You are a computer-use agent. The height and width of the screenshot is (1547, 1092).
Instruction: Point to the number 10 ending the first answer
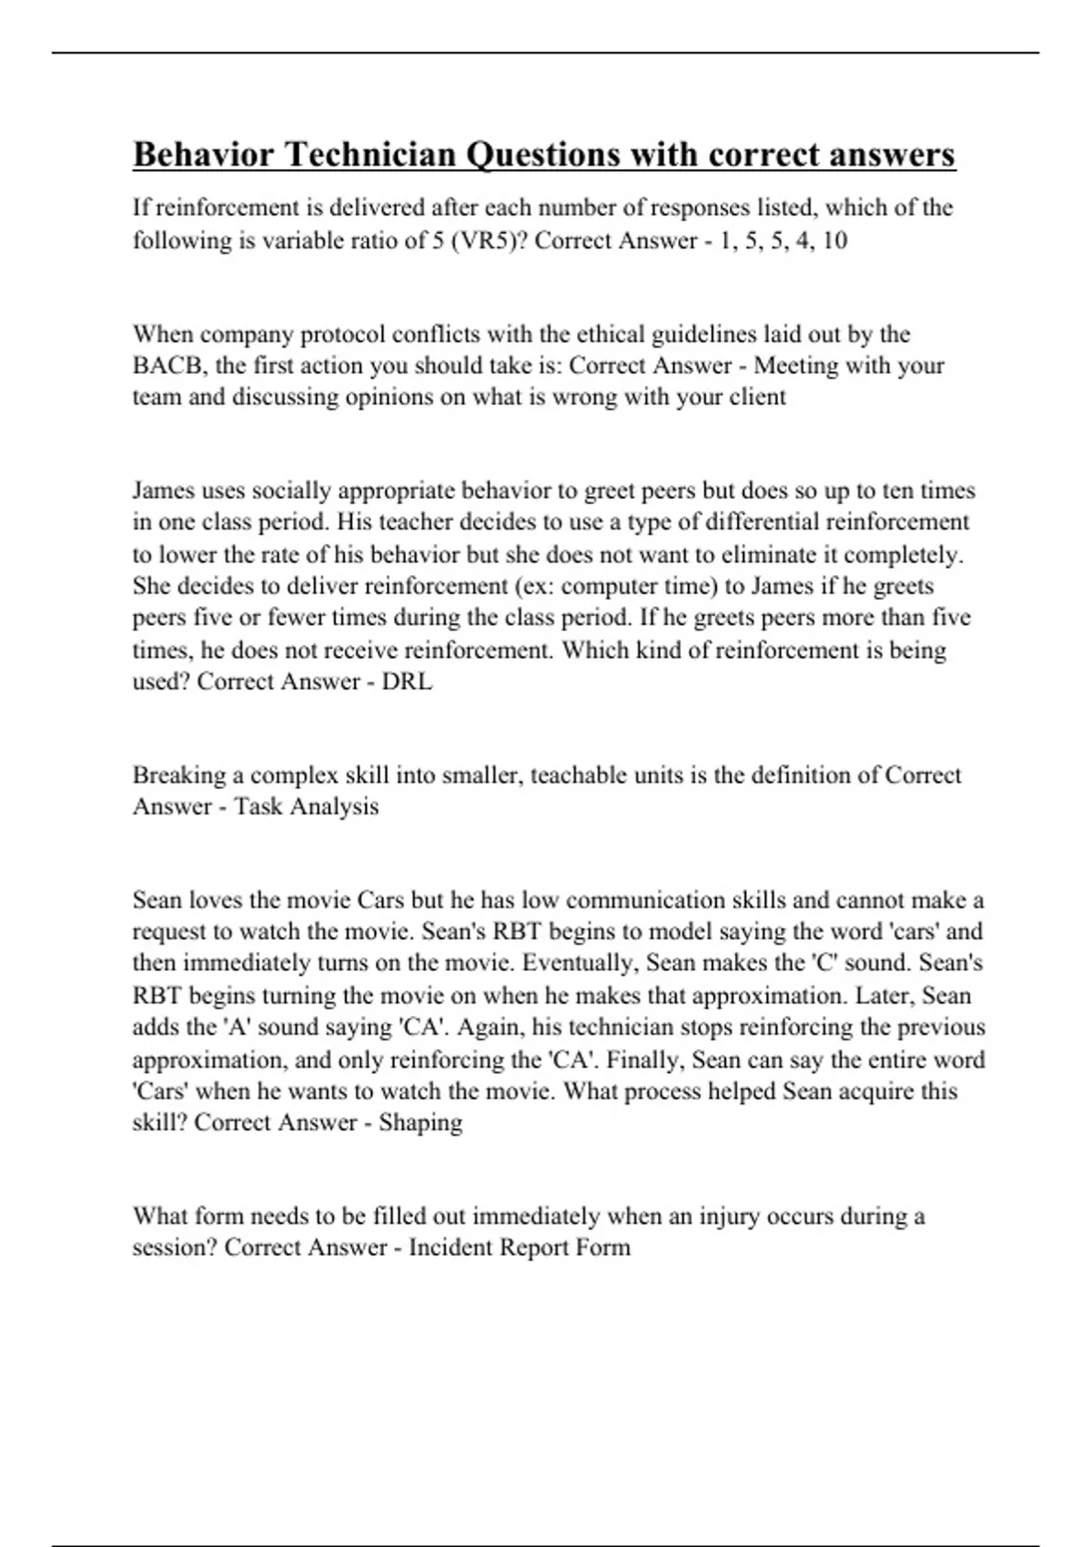coord(834,240)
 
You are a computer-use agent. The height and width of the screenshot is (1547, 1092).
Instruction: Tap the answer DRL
coord(407,682)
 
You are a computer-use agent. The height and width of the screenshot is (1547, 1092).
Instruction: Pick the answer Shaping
coord(420,1122)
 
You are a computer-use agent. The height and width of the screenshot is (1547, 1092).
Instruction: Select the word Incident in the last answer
coord(450,1248)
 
